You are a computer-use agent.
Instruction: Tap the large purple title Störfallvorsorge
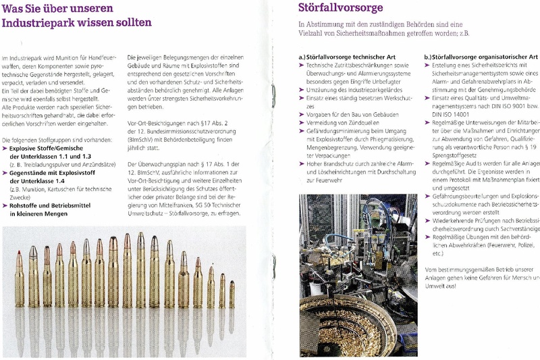coord(340,8)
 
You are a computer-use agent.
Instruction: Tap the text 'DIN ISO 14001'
coord(452,115)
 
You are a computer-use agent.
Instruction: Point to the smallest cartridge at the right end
coord(232,294)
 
